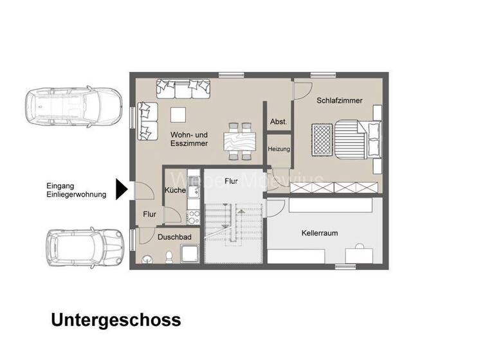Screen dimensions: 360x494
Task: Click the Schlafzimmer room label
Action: pos(339,101)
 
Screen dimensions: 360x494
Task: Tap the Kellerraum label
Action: pos(320,233)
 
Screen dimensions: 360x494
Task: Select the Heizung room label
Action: pos(279,149)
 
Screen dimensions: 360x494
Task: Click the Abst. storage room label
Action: pos(279,122)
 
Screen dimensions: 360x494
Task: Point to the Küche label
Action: pos(175,190)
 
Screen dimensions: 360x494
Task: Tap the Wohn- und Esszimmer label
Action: pos(189,139)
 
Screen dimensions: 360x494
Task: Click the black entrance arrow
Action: pos(122,189)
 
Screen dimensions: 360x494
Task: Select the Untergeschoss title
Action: pos(116,319)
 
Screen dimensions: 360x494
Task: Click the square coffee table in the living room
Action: pos(178,114)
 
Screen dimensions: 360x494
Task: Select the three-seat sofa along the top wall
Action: pos(183,88)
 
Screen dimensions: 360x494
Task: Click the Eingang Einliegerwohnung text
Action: pos(76,190)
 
